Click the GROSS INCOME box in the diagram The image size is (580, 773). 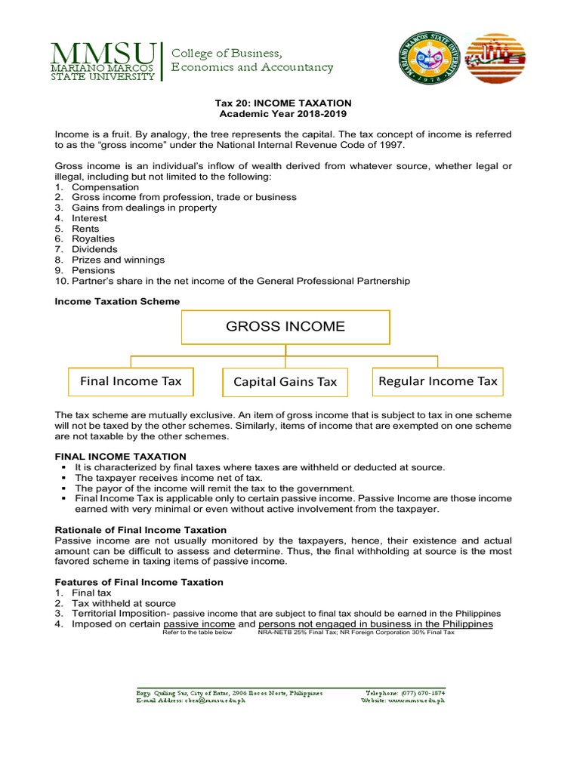(285, 327)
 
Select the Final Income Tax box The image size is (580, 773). (131, 381)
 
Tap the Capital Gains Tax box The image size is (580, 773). (285, 382)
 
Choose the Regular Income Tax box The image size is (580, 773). (438, 381)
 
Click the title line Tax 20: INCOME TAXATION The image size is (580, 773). (285, 103)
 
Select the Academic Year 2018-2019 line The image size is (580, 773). (285, 113)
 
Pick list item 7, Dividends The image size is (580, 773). (94, 249)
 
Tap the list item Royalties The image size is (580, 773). (95, 239)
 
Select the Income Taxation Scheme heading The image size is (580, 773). (117, 301)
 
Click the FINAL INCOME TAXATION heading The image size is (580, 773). (120, 457)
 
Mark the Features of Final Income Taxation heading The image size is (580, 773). (139, 582)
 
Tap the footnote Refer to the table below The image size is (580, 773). (197, 633)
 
